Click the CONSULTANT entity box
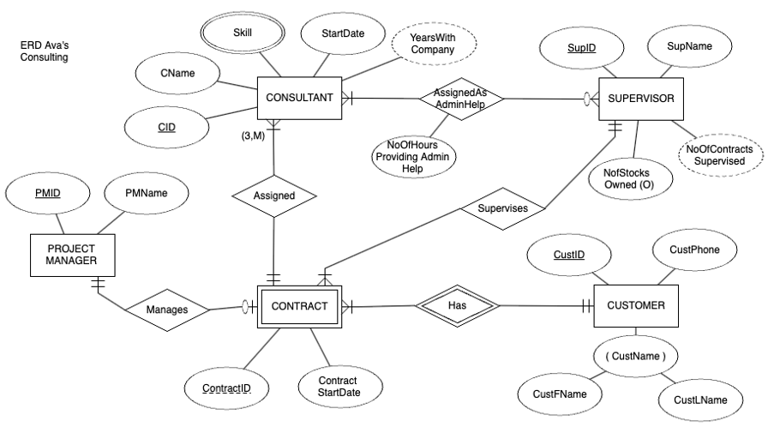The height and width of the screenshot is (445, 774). (300, 98)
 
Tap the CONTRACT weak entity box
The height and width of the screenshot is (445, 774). (299, 306)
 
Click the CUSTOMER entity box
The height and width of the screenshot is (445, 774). (635, 305)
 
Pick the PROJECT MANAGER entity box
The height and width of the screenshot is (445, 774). (72, 255)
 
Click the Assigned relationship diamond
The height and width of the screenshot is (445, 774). (274, 195)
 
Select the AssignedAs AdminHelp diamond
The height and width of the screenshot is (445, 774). (461, 98)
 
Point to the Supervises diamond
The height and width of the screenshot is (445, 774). (502, 207)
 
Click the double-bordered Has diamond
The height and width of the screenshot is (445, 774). (456, 305)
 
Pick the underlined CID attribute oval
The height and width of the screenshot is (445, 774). (166, 127)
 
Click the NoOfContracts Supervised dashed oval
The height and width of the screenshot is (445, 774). (719, 154)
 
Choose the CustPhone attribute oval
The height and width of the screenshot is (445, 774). (693, 250)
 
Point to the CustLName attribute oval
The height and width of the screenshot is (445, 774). (700, 400)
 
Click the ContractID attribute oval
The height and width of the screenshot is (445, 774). (226, 388)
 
